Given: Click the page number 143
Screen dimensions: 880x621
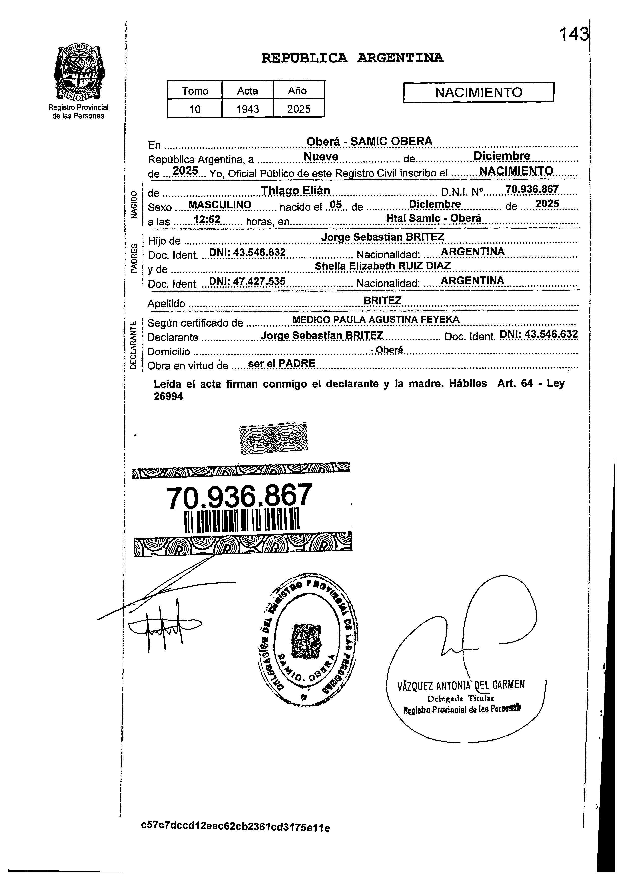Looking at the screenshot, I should click(x=573, y=35).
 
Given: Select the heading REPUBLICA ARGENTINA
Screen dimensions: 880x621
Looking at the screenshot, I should click(x=352, y=58).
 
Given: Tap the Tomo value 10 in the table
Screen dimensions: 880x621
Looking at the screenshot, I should click(x=195, y=109).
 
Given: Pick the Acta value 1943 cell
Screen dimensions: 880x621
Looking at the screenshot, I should click(x=248, y=109).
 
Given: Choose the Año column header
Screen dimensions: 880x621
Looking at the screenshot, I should click(x=298, y=91).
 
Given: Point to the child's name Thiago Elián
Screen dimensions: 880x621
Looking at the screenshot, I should click(x=295, y=190).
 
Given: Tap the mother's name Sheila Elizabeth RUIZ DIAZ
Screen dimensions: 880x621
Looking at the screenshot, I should click(x=382, y=266).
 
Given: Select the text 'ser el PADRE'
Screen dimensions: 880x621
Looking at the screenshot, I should click(x=281, y=363).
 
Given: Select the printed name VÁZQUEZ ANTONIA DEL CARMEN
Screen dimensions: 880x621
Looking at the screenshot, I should click(x=461, y=685).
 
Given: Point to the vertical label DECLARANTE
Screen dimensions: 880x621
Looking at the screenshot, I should click(x=133, y=345).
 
